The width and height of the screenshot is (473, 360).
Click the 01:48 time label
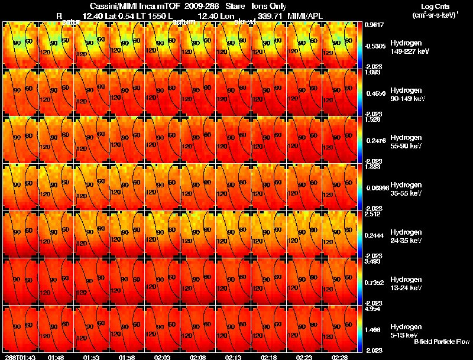pos(56,357)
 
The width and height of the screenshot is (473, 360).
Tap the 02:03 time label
pos(162,357)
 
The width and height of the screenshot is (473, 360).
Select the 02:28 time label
pos(339,357)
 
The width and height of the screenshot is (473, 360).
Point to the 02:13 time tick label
pos(233,357)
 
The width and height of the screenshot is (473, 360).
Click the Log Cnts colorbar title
pos(435,11)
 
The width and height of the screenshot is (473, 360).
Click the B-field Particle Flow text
pos(441,342)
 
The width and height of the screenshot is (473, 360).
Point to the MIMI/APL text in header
pos(305,15)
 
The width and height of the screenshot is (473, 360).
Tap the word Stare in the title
pos(234,6)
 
